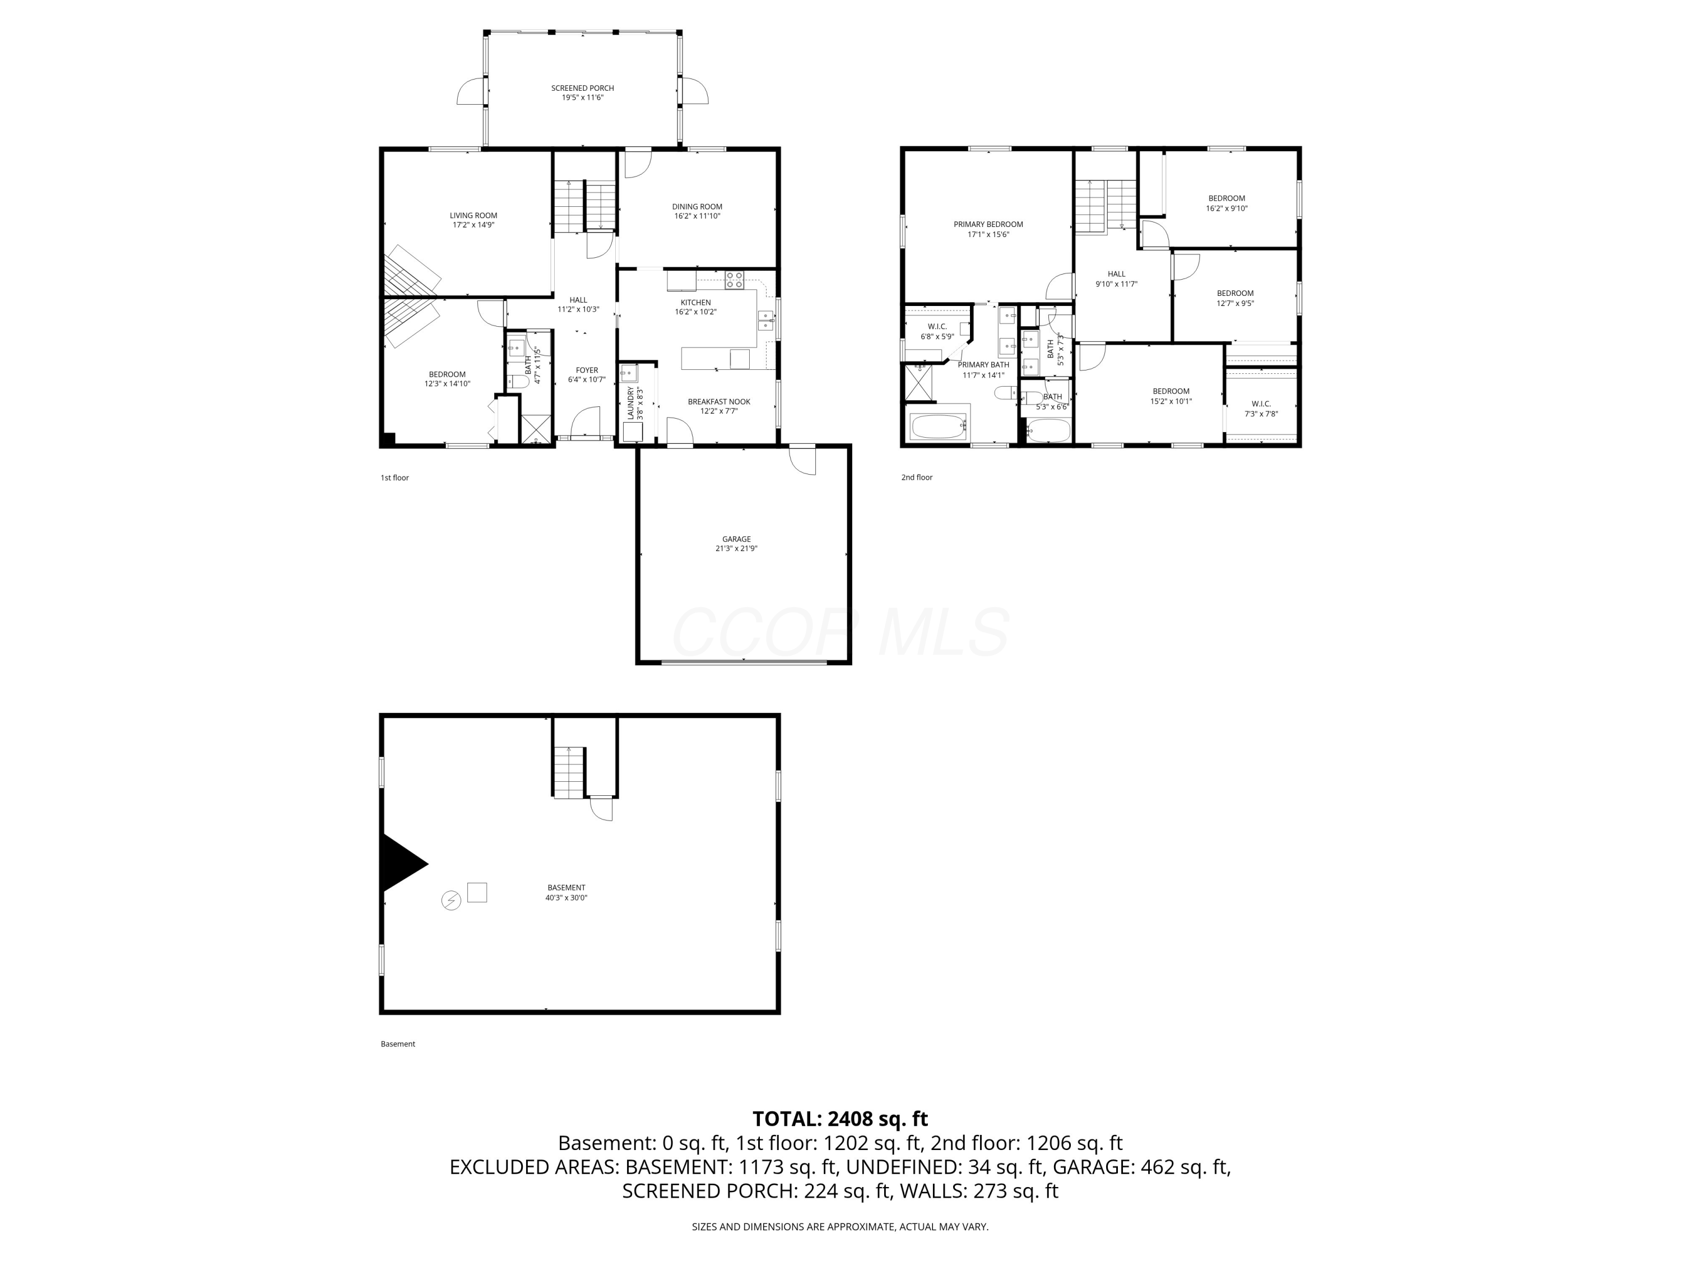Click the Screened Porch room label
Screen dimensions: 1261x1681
point(582,92)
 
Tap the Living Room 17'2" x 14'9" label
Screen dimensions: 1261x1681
point(473,220)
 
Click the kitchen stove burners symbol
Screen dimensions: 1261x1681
point(734,280)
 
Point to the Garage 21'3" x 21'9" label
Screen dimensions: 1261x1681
point(736,544)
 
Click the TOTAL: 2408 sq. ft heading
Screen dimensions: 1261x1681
point(840,1119)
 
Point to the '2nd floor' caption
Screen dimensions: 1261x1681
point(917,477)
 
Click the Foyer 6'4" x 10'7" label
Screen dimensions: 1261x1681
point(586,375)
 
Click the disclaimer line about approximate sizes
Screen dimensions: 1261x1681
point(840,1227)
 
